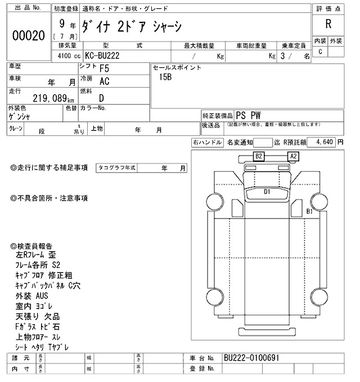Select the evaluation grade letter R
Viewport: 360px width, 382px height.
click(328, 24)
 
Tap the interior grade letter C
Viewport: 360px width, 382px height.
click(320, 52)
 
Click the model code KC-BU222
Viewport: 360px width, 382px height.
click(102, 57)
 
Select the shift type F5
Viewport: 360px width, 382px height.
click(104, 69)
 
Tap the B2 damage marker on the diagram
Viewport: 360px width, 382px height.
click(259, 156)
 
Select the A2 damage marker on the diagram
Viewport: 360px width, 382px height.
click(293, 156)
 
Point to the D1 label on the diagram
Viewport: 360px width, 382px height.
click(268, 192)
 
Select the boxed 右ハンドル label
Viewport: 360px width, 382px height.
click(207, 143)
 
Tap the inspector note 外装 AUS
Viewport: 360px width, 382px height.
click(33, 295)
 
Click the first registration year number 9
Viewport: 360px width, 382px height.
click(60, 25)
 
